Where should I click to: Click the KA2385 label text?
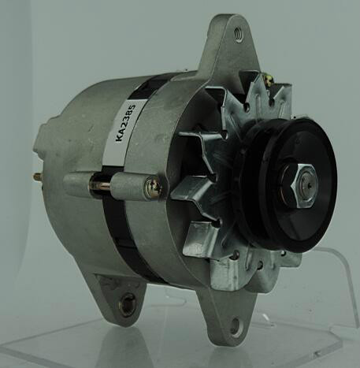[126, 123]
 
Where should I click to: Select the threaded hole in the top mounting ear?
[239, 35]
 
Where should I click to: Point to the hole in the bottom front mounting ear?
[235, 327]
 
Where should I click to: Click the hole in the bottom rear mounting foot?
[127, 304]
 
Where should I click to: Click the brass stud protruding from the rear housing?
[38, 177]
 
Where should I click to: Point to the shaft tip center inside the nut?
[309, 186]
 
